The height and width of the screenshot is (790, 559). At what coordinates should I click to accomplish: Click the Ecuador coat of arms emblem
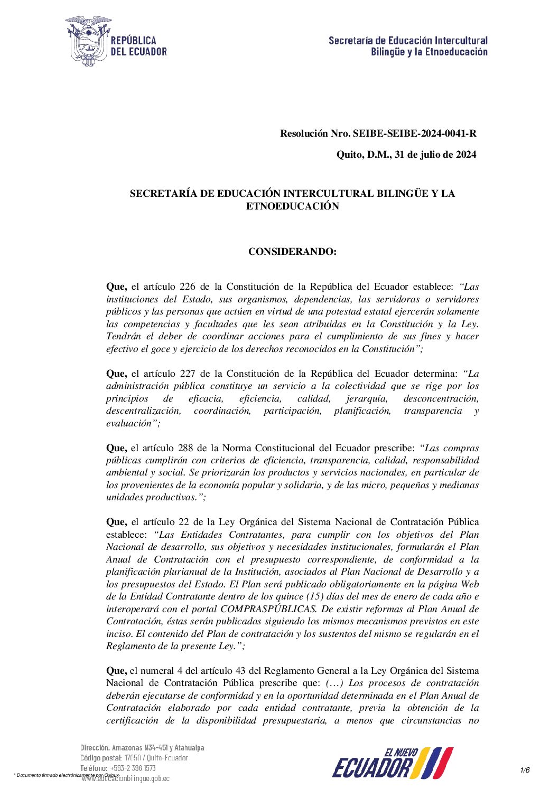pos(88,41)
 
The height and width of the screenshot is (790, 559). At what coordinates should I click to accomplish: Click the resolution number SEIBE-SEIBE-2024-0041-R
pos(414,134)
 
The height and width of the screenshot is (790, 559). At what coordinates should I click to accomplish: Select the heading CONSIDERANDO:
pos(292,252)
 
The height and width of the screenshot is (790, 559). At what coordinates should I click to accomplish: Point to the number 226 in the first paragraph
pos(188,287)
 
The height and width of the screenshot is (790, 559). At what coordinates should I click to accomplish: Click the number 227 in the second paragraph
pos(188,374)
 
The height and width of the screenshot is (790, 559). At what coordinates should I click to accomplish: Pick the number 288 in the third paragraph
pos(188,448)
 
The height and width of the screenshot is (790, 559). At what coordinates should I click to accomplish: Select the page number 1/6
pos(525,770)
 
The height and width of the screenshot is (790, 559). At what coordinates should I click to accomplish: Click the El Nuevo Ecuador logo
pos(393,763)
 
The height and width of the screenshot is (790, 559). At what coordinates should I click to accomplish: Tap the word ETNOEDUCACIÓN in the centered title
pos(292,206)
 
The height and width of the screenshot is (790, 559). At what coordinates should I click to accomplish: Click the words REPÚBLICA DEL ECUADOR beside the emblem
pos(138,46)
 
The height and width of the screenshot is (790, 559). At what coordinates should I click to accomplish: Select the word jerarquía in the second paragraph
pos(367,398)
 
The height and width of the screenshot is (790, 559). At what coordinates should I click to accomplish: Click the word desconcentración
pos(441,398)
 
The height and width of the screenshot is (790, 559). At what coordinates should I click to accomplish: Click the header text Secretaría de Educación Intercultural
pos(408,41)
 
